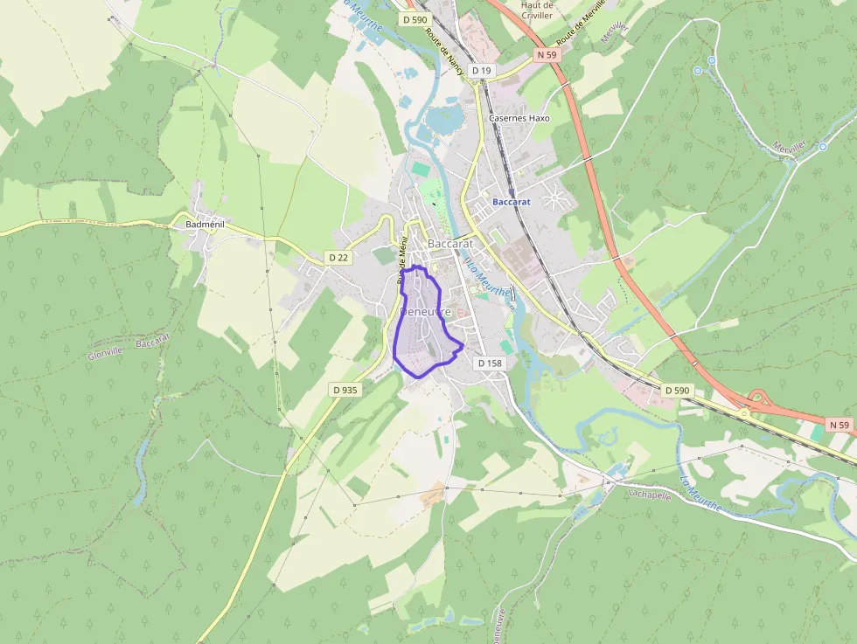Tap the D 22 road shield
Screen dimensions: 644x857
338,258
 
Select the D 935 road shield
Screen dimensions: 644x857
345,390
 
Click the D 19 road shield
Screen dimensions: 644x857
482,70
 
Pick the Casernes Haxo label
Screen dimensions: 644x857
519,117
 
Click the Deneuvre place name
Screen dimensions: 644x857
425,312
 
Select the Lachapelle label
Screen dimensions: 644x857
649,493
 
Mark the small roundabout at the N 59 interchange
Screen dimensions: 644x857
744,413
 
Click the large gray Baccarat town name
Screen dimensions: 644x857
450,244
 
